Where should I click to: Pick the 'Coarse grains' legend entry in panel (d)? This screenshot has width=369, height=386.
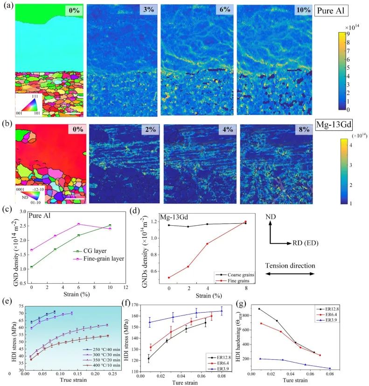pos(236,275)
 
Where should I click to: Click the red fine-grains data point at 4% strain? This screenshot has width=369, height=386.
pos(207,243)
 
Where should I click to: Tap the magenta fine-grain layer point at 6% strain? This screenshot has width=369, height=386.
pos(78,224)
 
